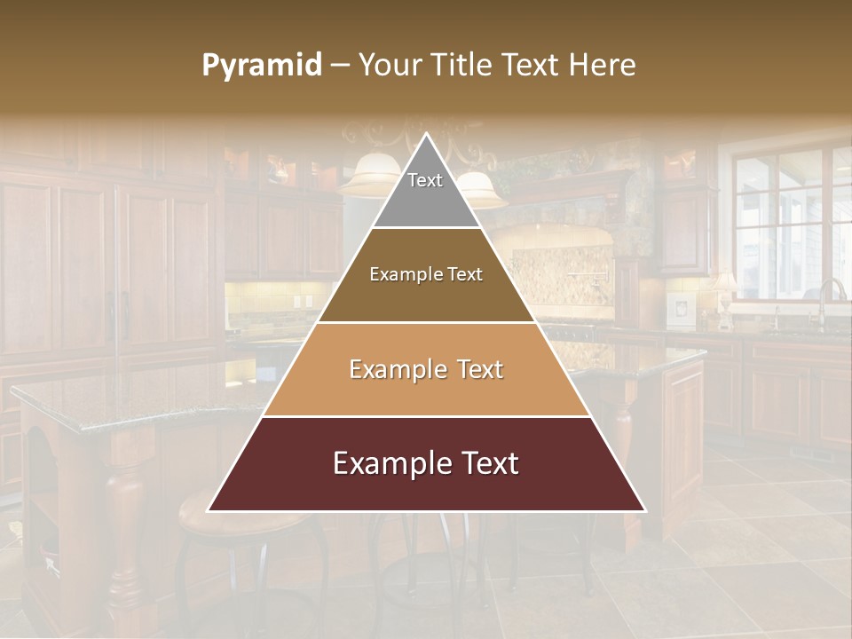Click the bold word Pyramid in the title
coord(261,66)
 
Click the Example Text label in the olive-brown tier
coord(426,275)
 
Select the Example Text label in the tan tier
coord(426,369)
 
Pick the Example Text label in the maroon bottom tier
coord(426,463)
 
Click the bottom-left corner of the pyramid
coord(209,510)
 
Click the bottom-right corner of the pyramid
coord(644,510)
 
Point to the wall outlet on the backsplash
coord(310,301)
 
